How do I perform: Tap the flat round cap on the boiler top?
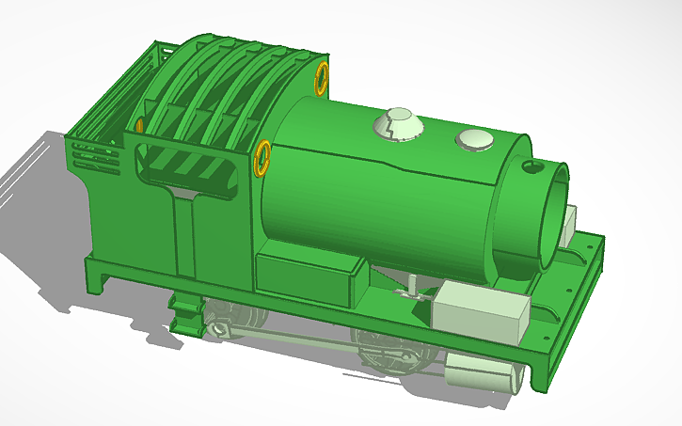point(476,140)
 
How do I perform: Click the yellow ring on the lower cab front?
point(262,156)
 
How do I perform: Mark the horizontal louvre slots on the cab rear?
point(95,154)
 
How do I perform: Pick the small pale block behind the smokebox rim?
point(568,226)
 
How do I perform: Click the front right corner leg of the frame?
point(538,371)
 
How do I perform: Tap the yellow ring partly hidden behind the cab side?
point(139,124)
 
